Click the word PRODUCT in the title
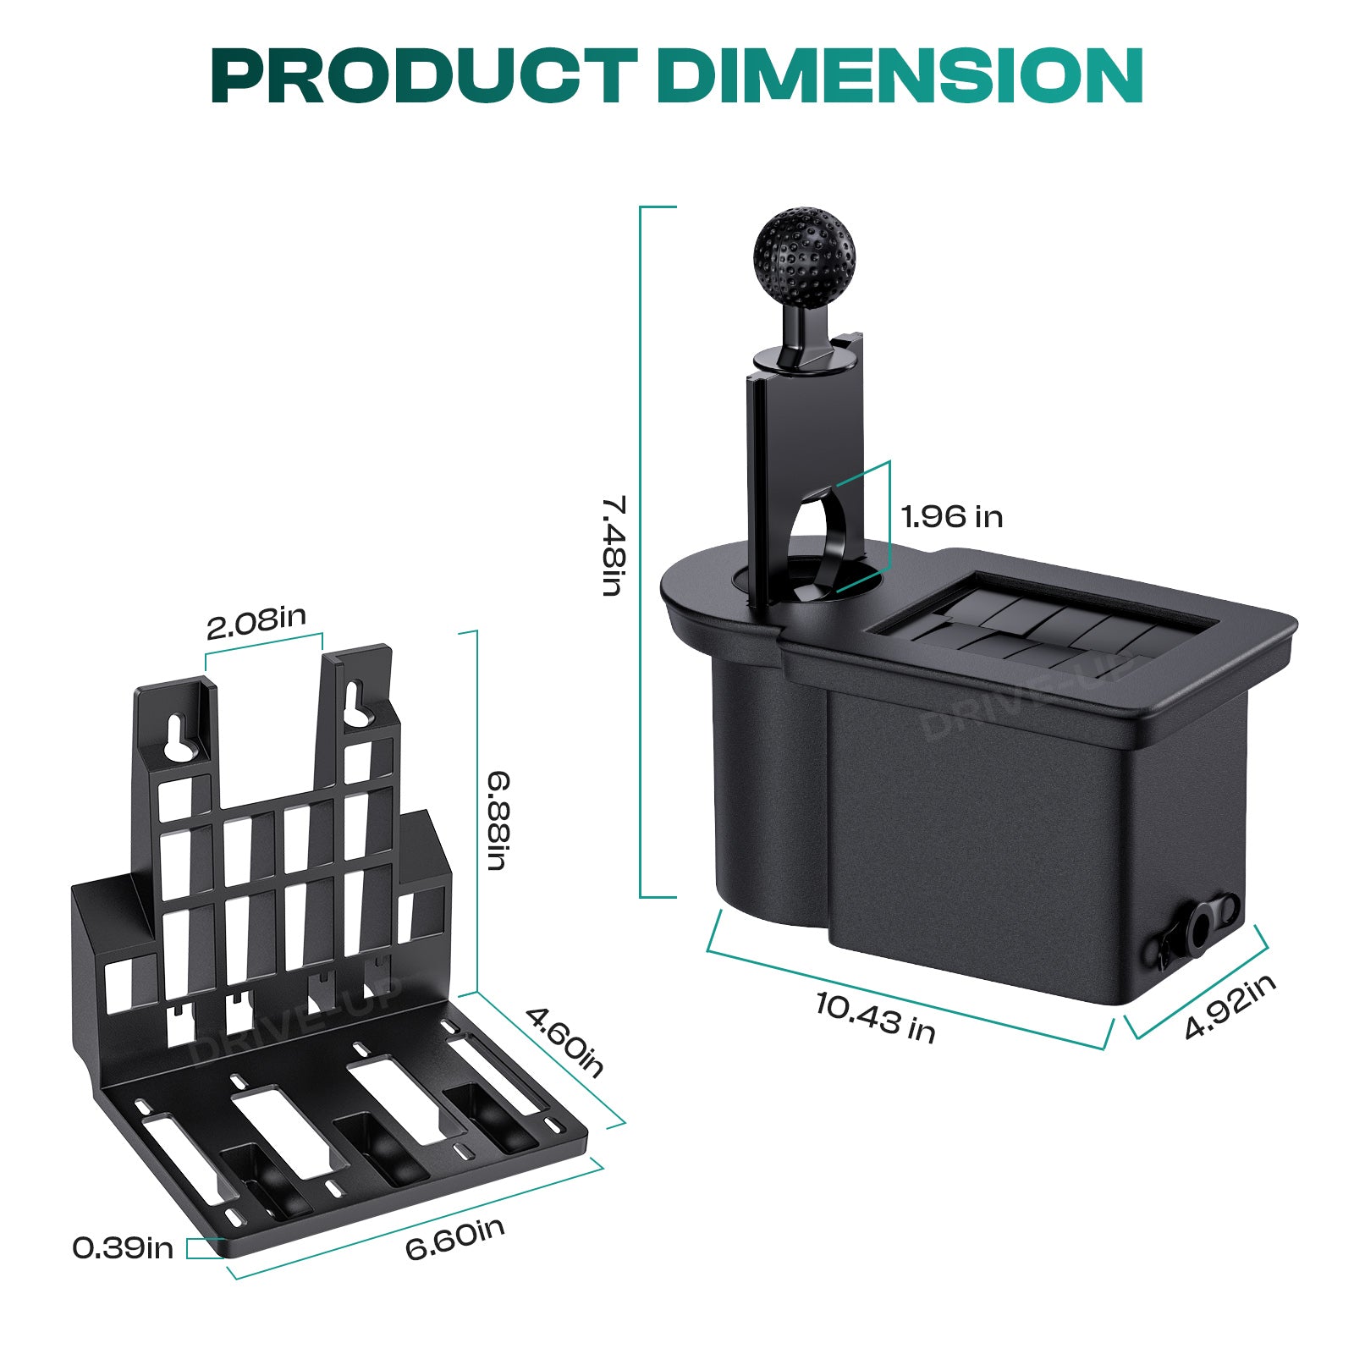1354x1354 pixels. [x=424, y=75]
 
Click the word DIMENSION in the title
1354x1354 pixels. [x=900, y=75]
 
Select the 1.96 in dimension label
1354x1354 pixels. [x=952, y=516]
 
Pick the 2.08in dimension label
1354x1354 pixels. [x=256, y=622]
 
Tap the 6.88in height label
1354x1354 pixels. [x=498, y=821]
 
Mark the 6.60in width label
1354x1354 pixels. [x=455, y=1238]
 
